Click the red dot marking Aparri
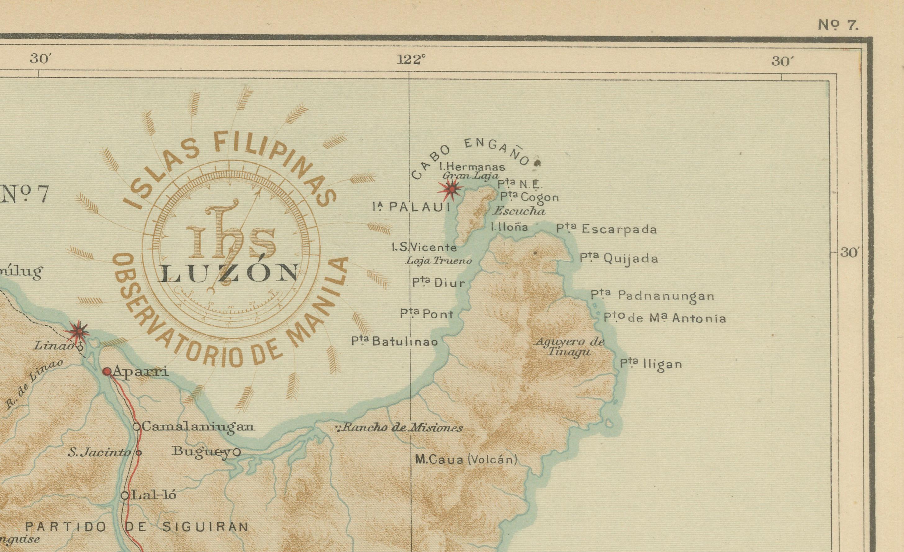click(107, 371)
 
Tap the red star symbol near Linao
click(79, 332)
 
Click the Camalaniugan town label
click(197, 427)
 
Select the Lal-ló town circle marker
click(125, 495)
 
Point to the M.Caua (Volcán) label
click(466, 459)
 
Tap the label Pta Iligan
click(651, 364)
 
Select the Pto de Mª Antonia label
click(665, 318)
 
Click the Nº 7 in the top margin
click(838, 25)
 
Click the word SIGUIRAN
click(206, 527)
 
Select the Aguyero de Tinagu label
click(569, 346)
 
